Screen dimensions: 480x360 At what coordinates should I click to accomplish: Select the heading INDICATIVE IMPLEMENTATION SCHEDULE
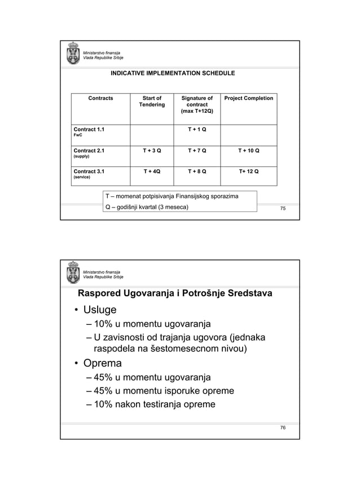173,73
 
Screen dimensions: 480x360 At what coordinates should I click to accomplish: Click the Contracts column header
100,98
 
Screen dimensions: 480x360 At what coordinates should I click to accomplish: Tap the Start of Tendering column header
151,102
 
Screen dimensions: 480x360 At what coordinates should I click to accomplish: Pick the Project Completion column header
248,98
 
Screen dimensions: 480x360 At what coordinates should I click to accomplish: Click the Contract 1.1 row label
89,130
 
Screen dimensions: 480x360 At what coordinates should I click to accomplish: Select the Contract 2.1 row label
89,151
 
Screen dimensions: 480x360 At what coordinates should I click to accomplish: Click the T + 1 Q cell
196,130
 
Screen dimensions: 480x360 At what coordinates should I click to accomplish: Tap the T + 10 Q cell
248,151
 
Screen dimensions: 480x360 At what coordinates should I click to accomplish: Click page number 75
283,209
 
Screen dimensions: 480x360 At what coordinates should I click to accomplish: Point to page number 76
283,428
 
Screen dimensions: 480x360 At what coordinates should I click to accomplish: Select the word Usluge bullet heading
100,310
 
